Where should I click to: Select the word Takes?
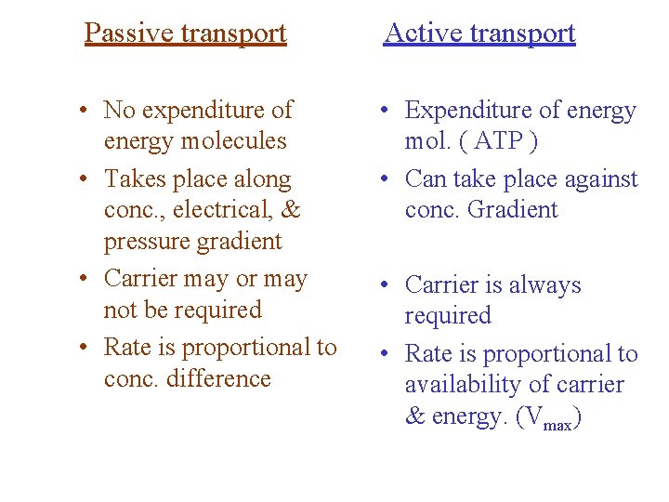point(134,178)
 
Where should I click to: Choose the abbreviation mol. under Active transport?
point(427,142)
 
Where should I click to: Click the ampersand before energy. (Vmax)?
point(414,416)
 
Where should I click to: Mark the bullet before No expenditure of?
point(84,111)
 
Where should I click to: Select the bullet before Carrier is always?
point(385,285)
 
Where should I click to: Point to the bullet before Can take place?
point(385,178)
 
